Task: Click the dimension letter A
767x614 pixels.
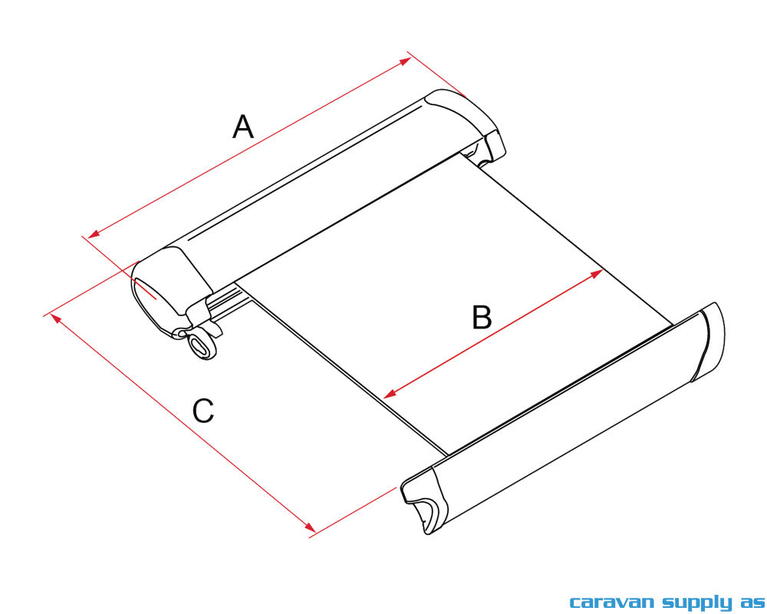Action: point(243,127)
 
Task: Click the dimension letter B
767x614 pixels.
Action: point(482,317)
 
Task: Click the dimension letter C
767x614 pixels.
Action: point(203,411)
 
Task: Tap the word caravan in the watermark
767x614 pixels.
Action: point(611,602)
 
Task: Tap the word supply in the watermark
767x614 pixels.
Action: point(697,602)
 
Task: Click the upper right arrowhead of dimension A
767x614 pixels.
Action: point(406,61)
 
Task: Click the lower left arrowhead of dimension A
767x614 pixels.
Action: point(94,233)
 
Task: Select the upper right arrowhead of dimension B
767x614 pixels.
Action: point(597,272)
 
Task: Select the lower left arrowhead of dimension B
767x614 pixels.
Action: point(390,394)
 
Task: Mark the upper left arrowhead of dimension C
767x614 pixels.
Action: point(56,319)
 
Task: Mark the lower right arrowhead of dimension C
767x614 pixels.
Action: point(310,527)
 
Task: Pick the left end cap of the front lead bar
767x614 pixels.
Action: point(423,500)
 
